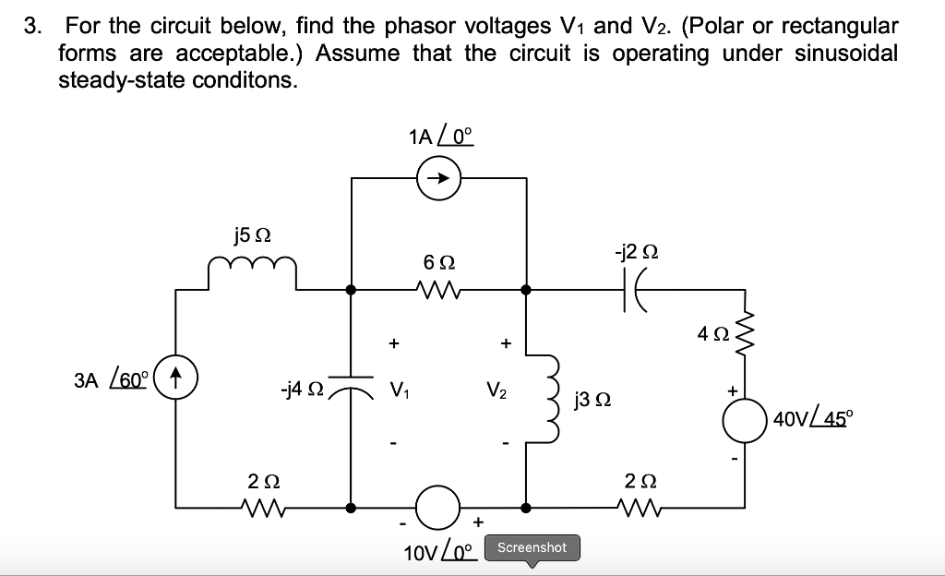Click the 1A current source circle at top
pos(439,179)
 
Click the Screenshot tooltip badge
pos(532,547)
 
